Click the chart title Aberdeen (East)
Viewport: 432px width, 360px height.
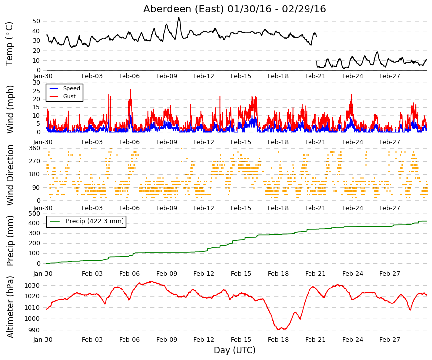[183, 9]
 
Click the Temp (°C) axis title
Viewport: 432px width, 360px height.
[9, 44]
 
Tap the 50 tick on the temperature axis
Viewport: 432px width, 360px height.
[36, 21]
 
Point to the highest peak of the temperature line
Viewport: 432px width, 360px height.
[179, 18]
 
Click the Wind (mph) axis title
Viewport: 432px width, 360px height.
[10, 109]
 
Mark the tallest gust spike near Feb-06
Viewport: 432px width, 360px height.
[130, 90]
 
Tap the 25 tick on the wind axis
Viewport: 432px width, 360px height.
[36, 91]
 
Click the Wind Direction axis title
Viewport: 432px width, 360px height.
[10, 175]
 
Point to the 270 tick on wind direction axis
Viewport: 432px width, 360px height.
[35, 161]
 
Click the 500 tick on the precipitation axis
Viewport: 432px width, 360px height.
[35, 213]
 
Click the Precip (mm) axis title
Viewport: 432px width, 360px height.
[10, 241]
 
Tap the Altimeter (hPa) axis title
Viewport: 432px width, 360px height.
[10, 307]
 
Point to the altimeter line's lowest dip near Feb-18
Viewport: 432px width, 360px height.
[278, 329]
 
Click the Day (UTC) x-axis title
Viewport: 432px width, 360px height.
[235, 350]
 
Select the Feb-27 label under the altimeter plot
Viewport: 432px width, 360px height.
[389, 340]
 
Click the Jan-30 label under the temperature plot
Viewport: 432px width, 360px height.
[43, 76]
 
